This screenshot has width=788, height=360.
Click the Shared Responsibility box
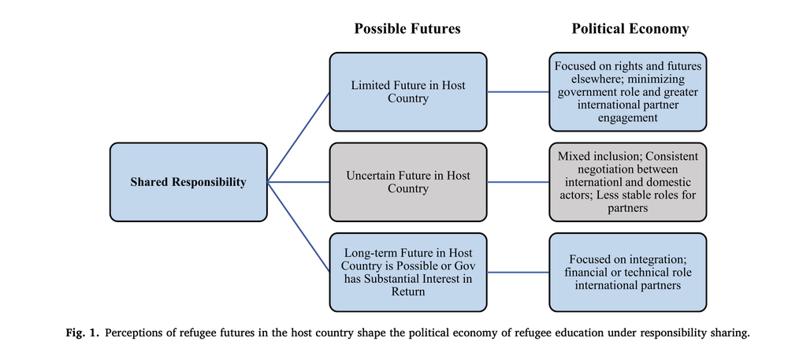point(188,182)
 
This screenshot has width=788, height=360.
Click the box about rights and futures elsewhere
point(628,91)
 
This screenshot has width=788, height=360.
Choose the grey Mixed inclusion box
point(628,181)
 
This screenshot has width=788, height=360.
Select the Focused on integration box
point(628,272)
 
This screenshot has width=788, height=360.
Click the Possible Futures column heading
point(407,29)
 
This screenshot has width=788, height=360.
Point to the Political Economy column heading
point(630,29)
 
